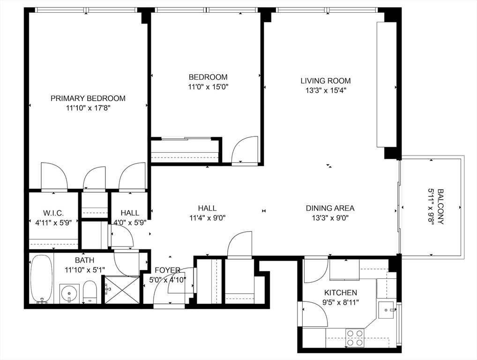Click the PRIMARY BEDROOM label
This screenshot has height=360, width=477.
click(x=88, y=98)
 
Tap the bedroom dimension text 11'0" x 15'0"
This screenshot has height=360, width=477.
click(x=208, y=87)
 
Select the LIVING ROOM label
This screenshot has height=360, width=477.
click(x=326, y=81)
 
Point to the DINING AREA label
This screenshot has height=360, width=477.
click(x=330, y=208)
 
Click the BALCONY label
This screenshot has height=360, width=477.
click(x=440, y=207)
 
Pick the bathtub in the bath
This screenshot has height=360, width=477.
click(x=41, y=279)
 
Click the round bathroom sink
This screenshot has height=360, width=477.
click(x=69, y=293)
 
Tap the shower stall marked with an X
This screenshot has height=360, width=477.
click(x=121, y=290)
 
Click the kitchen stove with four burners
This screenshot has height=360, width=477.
click(x=355, y=338)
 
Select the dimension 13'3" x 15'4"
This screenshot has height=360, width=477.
click(x=326, y=90)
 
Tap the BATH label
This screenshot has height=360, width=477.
click(x=84, y=260)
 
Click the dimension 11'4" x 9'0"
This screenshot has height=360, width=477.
click(x=207, y=218)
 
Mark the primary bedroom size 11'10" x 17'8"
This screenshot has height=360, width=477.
click(x=88, y=108)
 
